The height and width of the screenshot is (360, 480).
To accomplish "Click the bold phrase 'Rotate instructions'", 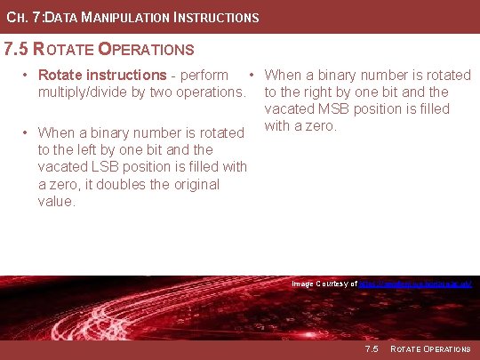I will click(102, 75).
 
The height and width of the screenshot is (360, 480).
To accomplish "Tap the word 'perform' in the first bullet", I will click(204, 75).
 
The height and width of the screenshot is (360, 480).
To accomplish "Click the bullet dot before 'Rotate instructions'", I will click(28, 75).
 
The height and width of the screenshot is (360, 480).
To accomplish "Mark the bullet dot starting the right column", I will click(254, 75).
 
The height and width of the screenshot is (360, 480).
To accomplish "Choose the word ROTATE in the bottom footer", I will click(404, 348).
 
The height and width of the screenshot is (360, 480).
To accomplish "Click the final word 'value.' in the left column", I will click(57, 201).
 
